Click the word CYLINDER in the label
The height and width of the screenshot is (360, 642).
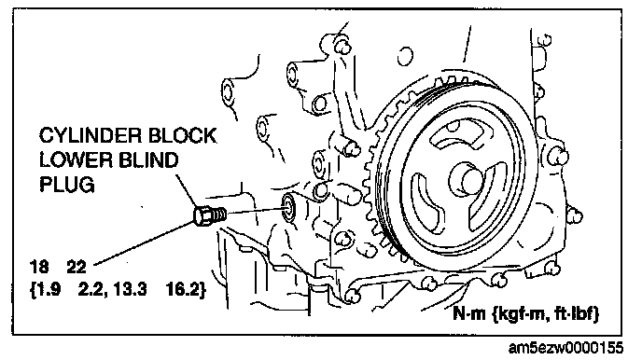click(x=91, y=136)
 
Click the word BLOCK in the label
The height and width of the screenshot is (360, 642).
click(x=182, y=136)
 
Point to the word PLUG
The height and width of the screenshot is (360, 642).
click(x=67, y=185)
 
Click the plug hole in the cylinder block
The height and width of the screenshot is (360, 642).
click(x=289, y=207)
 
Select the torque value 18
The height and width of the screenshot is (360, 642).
click(x=39, y=267)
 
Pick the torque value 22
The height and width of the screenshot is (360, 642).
click(x=77, y=267)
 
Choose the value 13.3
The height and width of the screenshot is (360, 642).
click(x=130, y=290)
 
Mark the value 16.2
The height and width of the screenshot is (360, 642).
click(x=185, y=290)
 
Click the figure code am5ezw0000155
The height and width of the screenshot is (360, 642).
click(x=565, y=348)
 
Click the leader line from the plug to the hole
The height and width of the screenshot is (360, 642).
click(x=256, y=211)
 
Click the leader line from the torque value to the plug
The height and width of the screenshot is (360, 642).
click(x=145, y=242)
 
